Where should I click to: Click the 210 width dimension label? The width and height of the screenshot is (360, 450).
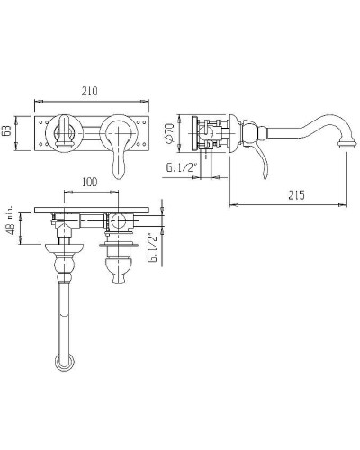click(90, 91)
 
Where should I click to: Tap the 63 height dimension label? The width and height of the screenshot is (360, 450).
click(8, 131)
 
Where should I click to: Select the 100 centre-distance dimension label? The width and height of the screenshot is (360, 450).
click(90, 182)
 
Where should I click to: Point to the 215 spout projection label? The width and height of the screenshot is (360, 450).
click(296, 195)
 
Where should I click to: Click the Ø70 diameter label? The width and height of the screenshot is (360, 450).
click(170, 132)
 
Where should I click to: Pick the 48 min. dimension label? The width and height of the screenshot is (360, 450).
click(11, 220)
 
